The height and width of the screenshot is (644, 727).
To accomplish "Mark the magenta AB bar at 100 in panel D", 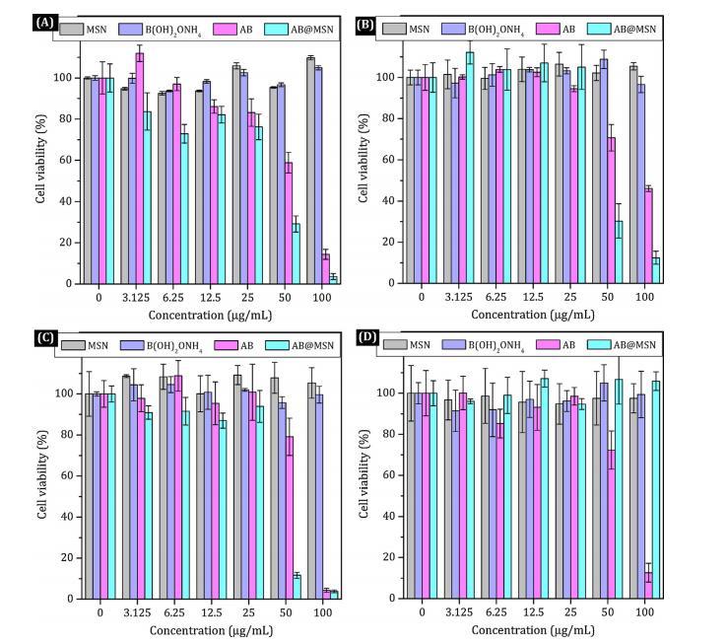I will coord(647,586).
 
